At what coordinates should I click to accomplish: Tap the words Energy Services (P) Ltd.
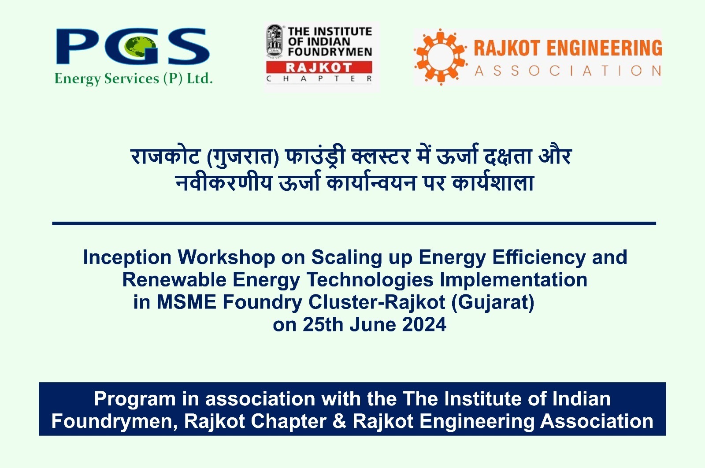(x=134, y=79)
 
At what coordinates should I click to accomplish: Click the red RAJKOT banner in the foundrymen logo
(x=319, y=67)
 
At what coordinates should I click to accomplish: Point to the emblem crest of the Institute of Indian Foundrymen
(x=274, y=41)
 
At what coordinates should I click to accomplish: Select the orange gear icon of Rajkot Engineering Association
(x=440, y=57)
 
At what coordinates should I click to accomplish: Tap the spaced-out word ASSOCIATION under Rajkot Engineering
(x=568, y=71)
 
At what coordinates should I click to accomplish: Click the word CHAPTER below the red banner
(x=319, y=79)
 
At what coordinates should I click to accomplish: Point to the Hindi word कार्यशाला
(x=493, y=182)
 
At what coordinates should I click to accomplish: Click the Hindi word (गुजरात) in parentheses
(x=243, y=157)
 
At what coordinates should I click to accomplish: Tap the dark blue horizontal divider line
(x=354, y=223)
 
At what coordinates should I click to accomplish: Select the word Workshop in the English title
(x=226, y=257)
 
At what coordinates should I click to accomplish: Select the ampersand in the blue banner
(x=339, y=422)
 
